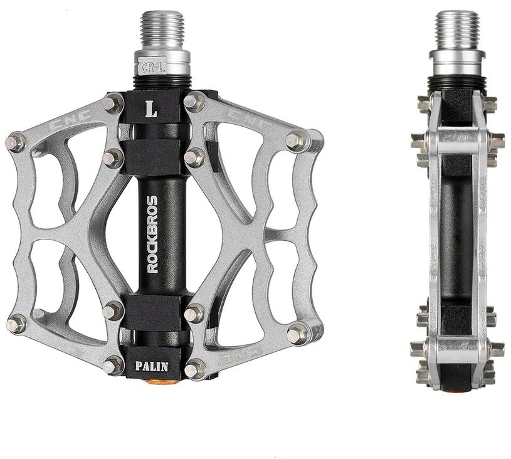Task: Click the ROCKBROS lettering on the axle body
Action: pos(152,234)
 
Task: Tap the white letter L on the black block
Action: pos(152,110)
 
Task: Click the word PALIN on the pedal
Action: pos(152,366)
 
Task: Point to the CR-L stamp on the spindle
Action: pos(153,68)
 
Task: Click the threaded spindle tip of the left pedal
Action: pos(162,31)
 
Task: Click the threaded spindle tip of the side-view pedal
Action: pos(458,31)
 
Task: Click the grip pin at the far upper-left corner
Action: pos(16,143)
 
